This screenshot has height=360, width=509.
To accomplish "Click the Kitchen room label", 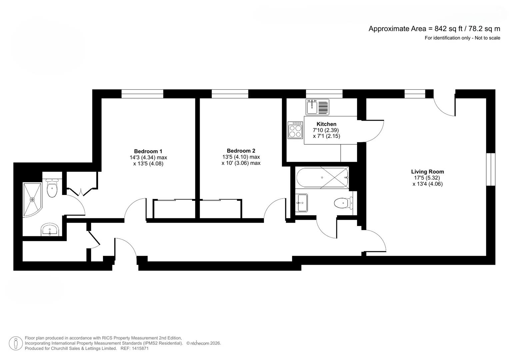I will point(326,124).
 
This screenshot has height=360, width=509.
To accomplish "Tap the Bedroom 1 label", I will point(148,151).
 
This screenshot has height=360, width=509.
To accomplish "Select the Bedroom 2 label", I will point(241,151).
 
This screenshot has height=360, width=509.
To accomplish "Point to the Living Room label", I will point(427,172).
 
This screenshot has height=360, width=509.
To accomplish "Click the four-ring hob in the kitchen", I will point(295,130).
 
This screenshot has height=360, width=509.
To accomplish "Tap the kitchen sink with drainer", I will point(317,107).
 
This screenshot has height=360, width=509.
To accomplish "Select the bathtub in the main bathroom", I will point(322,178).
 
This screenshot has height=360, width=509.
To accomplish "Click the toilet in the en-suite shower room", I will point(52,189).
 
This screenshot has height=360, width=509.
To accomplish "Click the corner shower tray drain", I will point(32,200).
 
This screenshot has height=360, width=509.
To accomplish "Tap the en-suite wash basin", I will point(50,230).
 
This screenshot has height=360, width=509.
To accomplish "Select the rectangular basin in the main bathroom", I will point(301,203).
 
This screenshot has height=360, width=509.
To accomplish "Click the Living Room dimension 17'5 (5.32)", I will point(427,178).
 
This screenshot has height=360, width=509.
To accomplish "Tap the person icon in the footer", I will point(16,343).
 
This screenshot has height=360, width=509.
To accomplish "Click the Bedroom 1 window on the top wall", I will point(142,94).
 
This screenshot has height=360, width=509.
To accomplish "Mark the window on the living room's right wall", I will point(490,169).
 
